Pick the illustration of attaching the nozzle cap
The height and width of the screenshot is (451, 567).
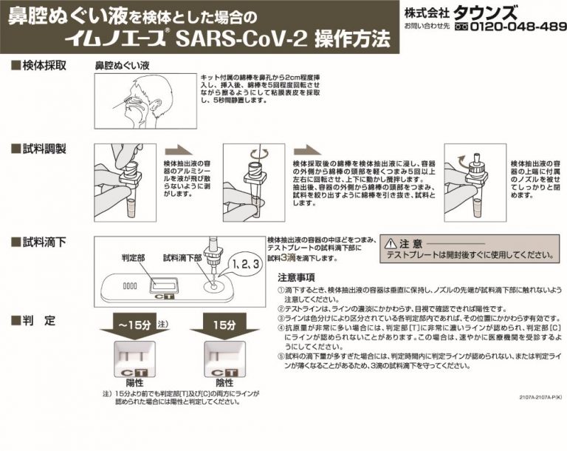pyautogui.click(x=474, y=177)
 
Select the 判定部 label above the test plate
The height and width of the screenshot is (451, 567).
pyautogui.click(x=133, y=258)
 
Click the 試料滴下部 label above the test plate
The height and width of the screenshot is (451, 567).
pyautogui.click(x=182, y=258)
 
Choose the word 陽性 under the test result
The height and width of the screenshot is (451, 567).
pyautogui.click(x=134, y=383)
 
